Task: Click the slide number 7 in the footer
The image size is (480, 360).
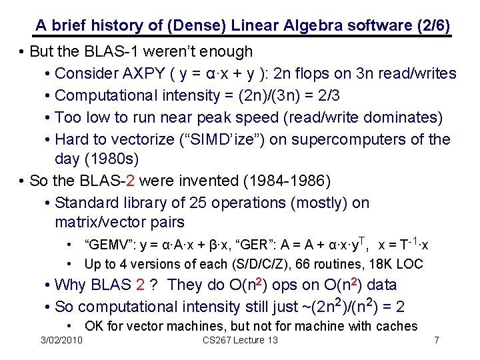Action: (436, 340)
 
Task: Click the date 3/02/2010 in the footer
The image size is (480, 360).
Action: (61, 340)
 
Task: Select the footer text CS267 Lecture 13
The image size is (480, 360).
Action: (240, 340)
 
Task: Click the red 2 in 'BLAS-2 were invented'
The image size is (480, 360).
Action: (136, 181)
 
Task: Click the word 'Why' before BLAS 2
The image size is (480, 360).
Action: (70, 285)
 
